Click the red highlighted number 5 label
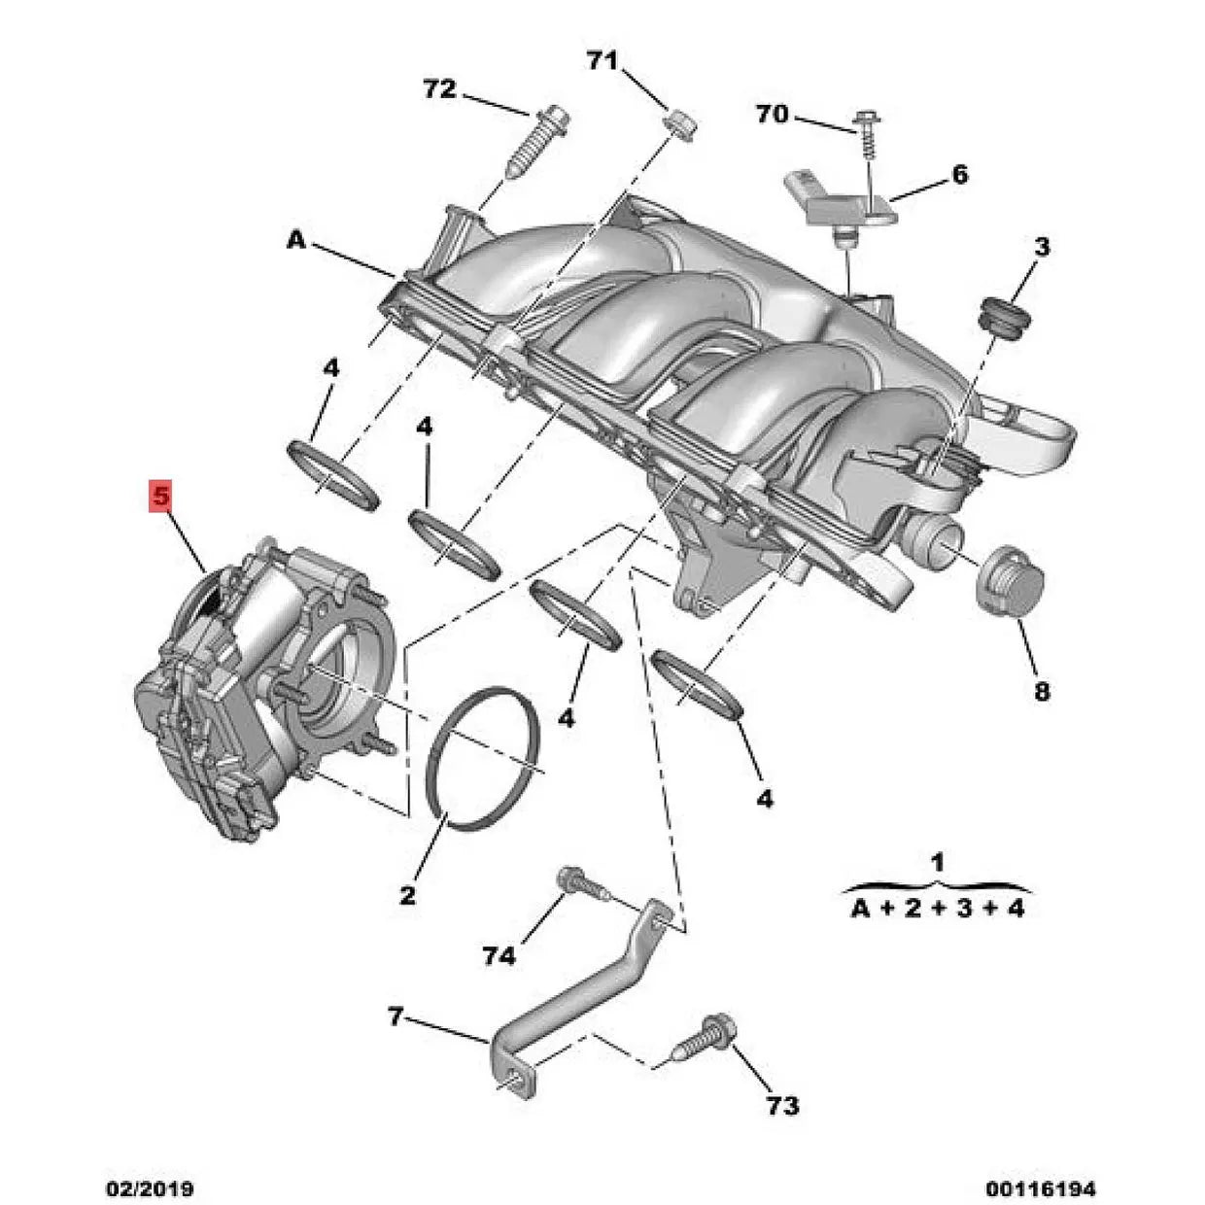click(x=159, y=497)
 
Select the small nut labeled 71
click(x=679, y=124)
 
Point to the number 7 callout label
click(x=395, y=1016)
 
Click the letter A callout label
click(x=295, y=239)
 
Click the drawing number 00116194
click(x=1041, y=1188)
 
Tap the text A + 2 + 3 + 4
click(x=938, y=909)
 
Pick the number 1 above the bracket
click(x=937, y=861)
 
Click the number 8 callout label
click(x=1041, y=692)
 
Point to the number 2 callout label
click(x=407, y=894)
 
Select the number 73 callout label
click(x=782, y=1105)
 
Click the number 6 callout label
click(x=959, y=175)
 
